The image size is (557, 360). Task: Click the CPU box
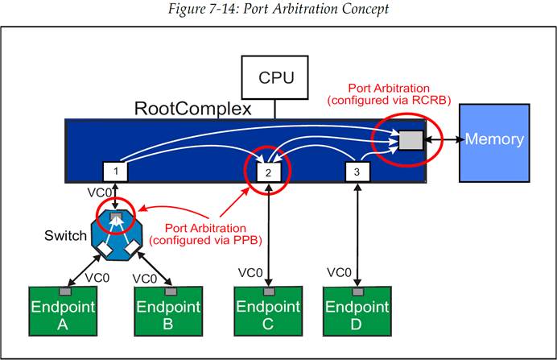point(275,78)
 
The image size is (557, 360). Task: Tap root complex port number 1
point(116,171)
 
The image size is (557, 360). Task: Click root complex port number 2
point(267,172)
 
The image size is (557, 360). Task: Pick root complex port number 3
point(357,171)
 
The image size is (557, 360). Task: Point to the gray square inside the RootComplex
point(411,142)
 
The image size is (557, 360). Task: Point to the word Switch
point(65,236)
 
